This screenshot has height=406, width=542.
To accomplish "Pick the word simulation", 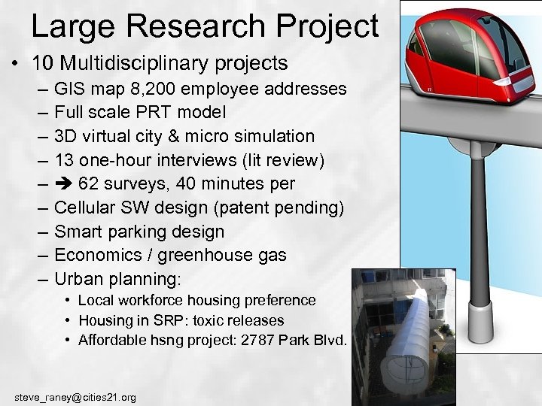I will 272,137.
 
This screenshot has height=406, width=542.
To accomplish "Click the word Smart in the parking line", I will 81,232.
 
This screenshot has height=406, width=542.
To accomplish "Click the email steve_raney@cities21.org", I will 75,396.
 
